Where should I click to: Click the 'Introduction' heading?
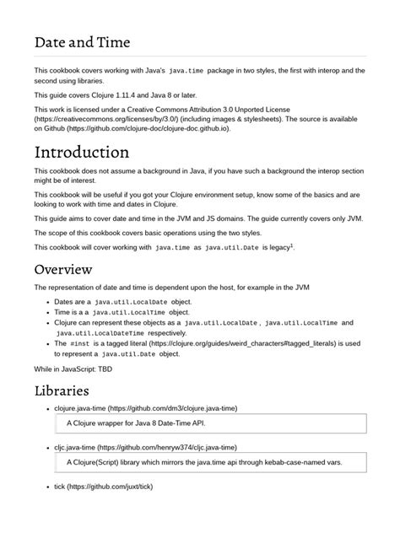93,153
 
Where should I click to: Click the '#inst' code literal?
81,344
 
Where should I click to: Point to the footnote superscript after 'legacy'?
292,244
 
